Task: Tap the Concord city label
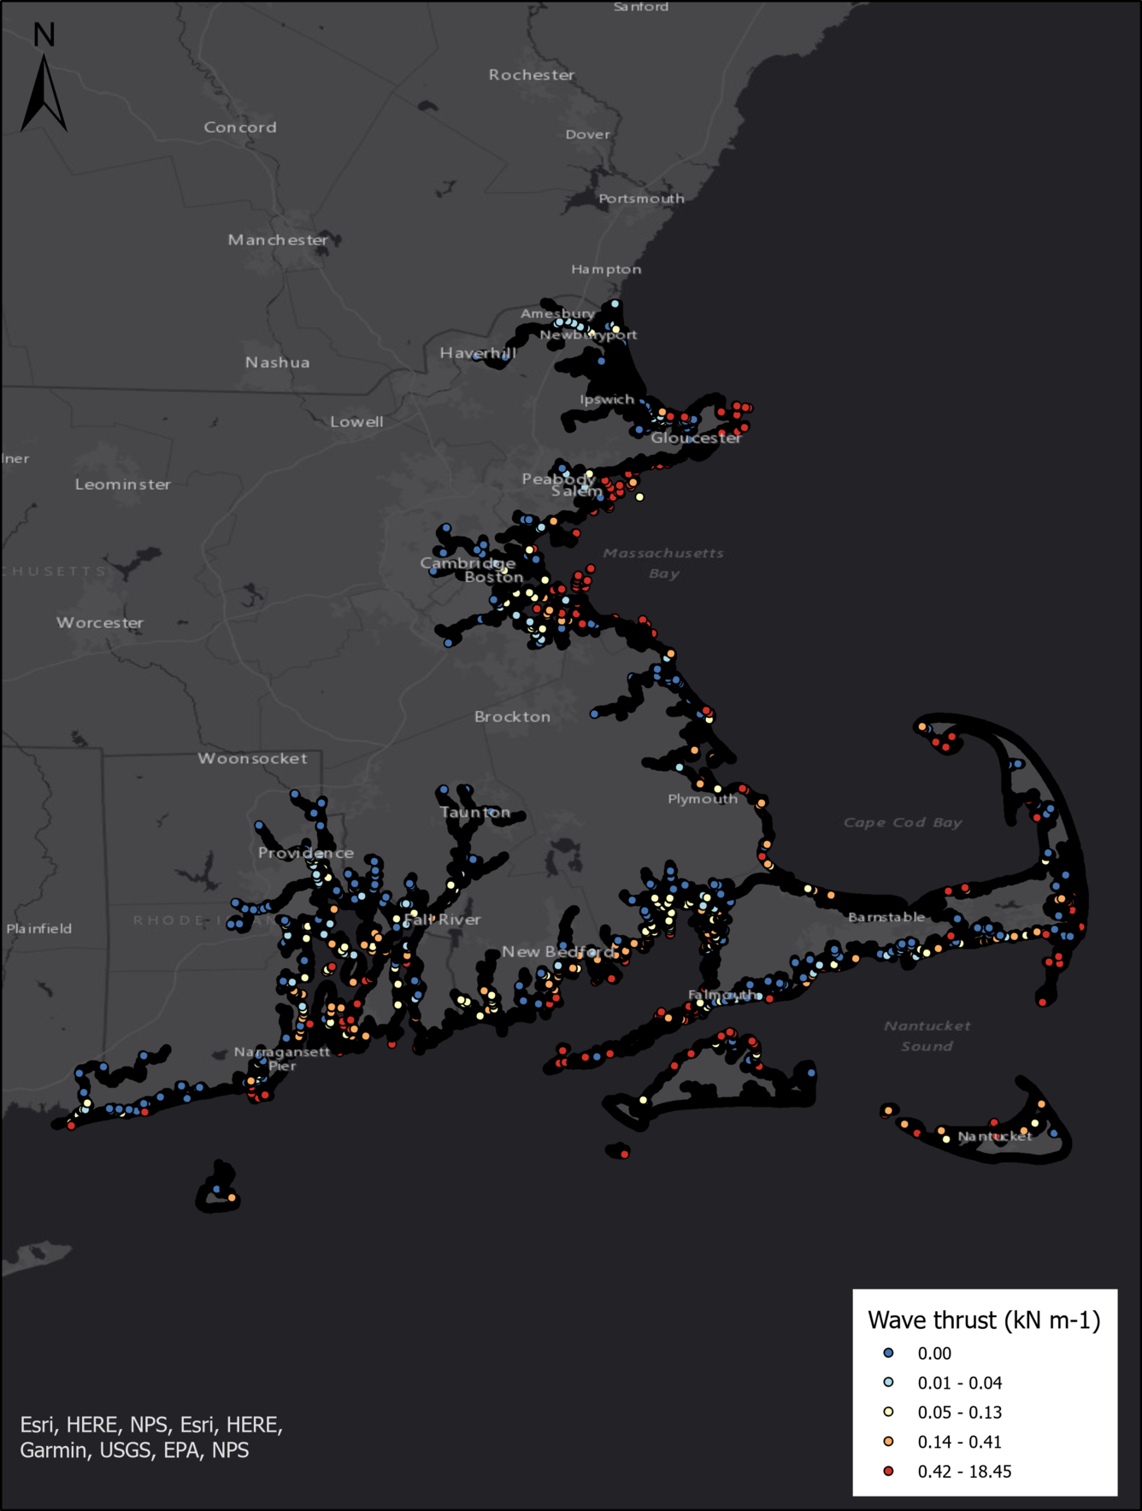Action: (x=240, y=127)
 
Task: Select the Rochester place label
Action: (x=532, y=75)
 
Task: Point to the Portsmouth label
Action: (x=641, y=198)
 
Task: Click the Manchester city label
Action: (x=278, y=240)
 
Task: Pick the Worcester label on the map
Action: (x=100, y=623)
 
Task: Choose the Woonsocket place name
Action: (x=252, y=758)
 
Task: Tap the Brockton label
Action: (x=513, y=717)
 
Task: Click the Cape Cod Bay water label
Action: (x=903, y=822)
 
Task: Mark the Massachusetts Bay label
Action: (x=663, y=563)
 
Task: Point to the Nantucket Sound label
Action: (x=927, y=1036)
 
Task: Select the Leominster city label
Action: (x=123, y=485)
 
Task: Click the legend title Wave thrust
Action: (x=984, y=1320)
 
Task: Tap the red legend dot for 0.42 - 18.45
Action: (x=889, y=1471)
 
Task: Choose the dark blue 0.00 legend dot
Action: (x=889, y=1353)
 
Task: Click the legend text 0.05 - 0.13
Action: (x=960, y=1412)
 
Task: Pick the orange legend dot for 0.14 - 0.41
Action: (x=889, y=1442)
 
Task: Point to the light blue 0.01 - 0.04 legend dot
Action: (x=889, y=1382)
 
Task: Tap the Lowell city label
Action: (x=356, y=422)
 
